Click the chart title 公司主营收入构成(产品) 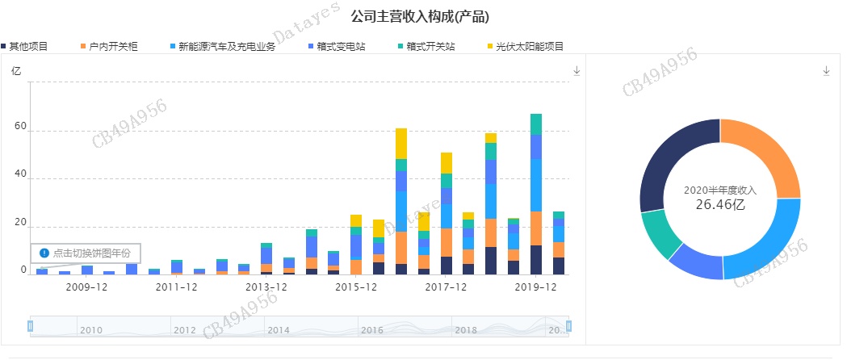pyautogui.click(x=421, y=16)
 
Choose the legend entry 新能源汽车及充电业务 pyautogui.click(x=227, y=47)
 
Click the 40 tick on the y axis pyautogui.click(x=21, y=176)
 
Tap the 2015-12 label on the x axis pyautogui.click(x=355, y=287)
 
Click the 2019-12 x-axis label pyautogui.click(x=536, y=287)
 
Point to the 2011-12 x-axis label pyautogui.click(x=176, y=287)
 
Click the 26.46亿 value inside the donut pyautogui.click(x=719, y=205)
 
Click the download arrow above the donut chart pyautogui.click(x=826, y=71)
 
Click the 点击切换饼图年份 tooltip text pyautogui.click(x=91, y=253)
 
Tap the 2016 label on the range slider pyautogui.click(x=372, y=330)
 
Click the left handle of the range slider pyautogui.click(x=31, y=326)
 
